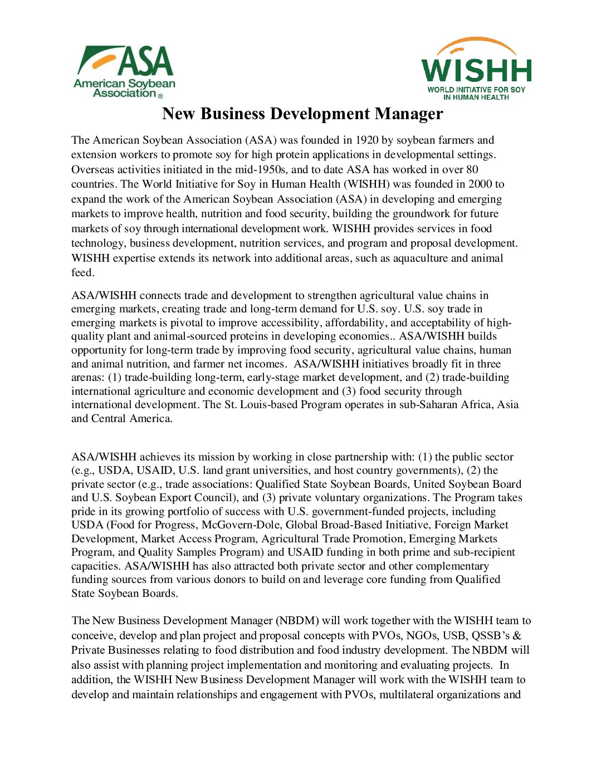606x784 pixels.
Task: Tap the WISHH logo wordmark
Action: coord(476,70)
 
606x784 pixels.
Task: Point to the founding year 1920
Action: coord(367,140)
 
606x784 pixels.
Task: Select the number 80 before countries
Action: coord(471,170)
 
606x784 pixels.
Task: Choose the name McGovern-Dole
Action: coord(241,525)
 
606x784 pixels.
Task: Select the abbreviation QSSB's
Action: coord(491,636)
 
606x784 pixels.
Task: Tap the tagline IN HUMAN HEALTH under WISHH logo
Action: coord(476,97)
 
